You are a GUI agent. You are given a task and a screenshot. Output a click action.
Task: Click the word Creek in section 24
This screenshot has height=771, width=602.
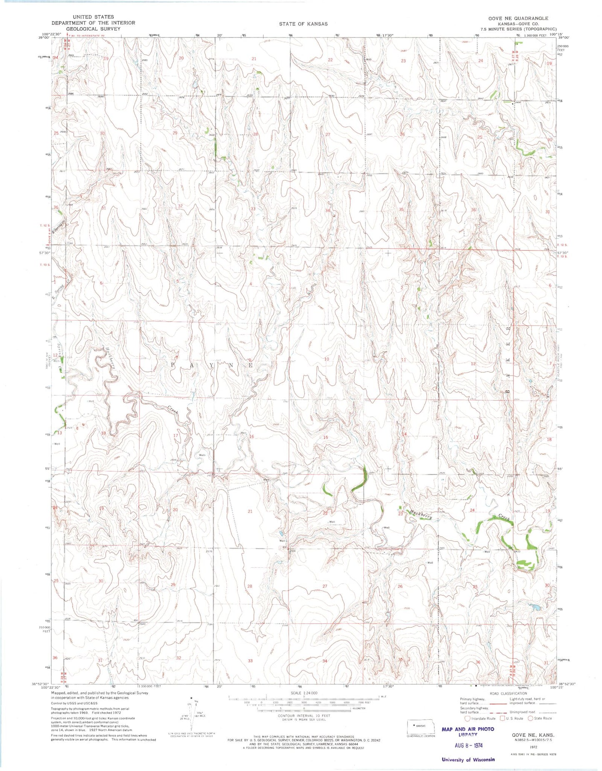pos(504,517)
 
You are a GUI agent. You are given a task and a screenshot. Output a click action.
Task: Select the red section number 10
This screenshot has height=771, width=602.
pos(327,359)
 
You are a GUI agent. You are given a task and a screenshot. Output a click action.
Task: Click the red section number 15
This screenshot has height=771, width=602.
pos(326,437)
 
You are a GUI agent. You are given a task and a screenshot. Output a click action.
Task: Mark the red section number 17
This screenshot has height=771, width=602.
pos(175,436)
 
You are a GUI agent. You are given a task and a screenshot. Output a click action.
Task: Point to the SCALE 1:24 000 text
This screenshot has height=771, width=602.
pos(298,693)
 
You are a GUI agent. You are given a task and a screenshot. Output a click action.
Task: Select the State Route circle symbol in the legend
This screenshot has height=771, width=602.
pos(530,718)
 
